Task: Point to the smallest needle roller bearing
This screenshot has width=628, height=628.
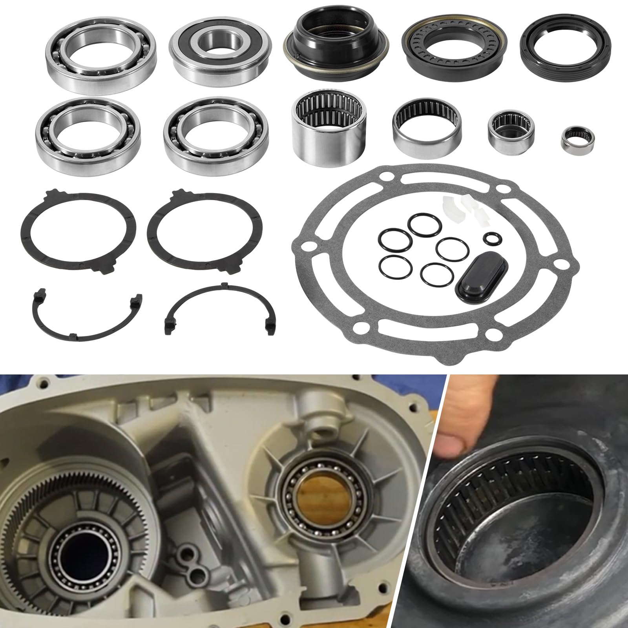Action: [577, 139]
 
